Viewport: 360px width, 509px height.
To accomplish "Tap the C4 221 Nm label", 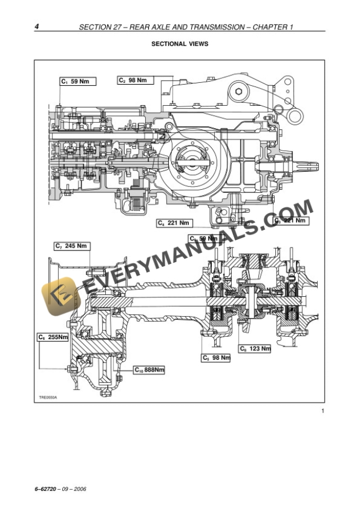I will click(175, 223).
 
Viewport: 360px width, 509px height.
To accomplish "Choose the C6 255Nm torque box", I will click(54, 337).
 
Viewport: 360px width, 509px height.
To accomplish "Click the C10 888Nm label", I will click(149, 370).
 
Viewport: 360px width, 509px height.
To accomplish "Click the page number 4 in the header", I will click(37, 27).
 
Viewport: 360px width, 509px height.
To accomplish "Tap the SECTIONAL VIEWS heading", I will click(179, 43).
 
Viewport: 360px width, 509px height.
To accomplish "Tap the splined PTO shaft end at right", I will click(308, 167).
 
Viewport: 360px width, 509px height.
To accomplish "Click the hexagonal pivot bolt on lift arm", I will click(238, 92).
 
